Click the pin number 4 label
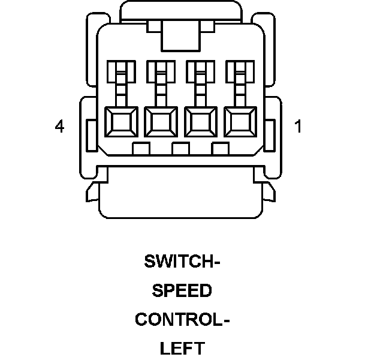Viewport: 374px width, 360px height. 59,127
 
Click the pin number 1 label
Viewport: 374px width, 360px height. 298,127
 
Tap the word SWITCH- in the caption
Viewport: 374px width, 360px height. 183,262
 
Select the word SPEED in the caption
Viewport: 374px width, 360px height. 182,291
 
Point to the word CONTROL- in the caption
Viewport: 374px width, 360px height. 182,319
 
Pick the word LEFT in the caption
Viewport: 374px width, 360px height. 182,348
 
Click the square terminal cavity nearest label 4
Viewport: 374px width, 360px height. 121,123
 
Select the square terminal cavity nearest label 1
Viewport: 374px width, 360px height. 240,123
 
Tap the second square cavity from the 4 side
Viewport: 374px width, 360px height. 161,123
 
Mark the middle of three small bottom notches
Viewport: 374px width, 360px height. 180,148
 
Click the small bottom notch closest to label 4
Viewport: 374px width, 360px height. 141,148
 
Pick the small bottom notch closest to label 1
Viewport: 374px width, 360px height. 220,148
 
